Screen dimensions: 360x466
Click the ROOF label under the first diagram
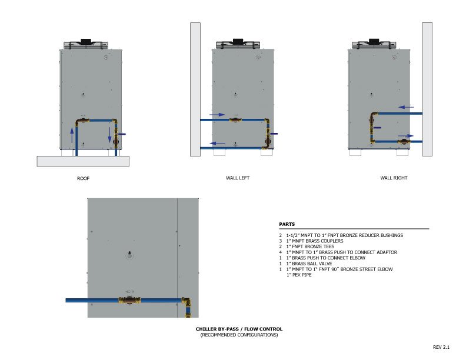(x=82, y=178)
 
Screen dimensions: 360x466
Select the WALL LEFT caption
(x=238, y=178)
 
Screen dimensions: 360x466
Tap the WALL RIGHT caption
(x=393, y=178)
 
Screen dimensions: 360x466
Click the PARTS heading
(x=287, y=224)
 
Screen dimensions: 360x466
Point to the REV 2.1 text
(x=441, y=347)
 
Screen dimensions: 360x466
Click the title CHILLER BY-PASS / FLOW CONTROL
(x=239, y=329)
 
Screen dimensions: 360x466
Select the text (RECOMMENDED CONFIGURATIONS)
(x=239, y=335)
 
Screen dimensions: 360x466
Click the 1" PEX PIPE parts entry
(x=300, y=275)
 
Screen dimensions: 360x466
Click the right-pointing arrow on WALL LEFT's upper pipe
(x=217, y=115)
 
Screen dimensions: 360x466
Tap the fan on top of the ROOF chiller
(x=86, y=44)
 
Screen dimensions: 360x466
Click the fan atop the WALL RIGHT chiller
(x=374, y=44)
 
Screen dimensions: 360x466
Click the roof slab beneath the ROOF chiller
(x=83, y=161)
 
